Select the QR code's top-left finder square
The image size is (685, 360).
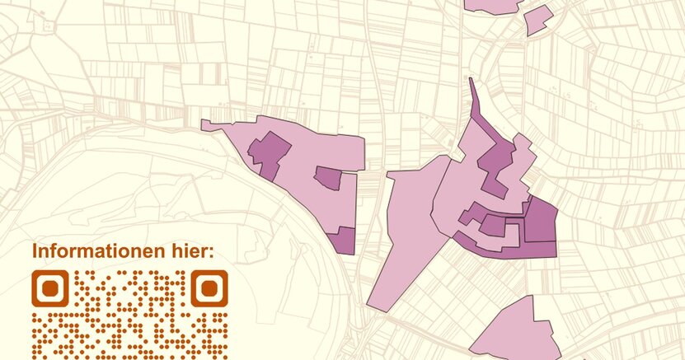coord(49,288)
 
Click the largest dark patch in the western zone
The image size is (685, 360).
coord(270,154)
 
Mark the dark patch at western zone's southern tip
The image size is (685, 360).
coord(342,241)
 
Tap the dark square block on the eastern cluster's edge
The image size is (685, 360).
coord(541,221)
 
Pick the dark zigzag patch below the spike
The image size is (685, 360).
coord(499,165)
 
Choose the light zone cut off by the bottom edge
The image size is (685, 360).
coord(507,334)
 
